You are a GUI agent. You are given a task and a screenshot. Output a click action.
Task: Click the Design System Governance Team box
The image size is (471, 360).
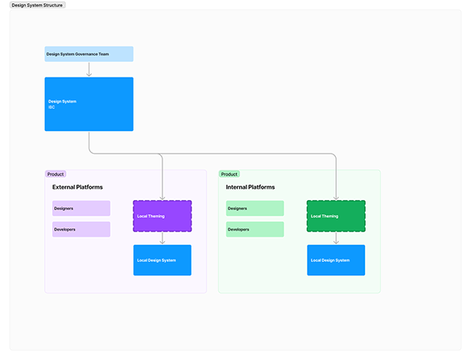point(89,54)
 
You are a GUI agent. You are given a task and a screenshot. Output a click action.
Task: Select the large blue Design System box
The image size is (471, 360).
point(89,104)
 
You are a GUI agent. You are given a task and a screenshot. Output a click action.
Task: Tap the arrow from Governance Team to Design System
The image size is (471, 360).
point(89,69)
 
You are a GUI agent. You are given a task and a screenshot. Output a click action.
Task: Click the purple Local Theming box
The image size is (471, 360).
point(162,216)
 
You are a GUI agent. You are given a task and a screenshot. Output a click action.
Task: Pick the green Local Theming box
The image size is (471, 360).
point(336,216)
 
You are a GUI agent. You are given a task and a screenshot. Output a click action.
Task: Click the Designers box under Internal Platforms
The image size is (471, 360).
point(255,208)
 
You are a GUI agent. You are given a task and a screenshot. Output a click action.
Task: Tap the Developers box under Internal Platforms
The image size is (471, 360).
point(255,229)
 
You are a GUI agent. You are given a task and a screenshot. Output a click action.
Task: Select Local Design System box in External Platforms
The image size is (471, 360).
point(162,260)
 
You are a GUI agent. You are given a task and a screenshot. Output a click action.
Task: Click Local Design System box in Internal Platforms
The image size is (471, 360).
point(336,260)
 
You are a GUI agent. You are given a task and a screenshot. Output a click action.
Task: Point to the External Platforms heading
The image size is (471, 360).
point(78,187)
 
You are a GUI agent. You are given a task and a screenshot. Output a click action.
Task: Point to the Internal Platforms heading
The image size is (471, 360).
point(250,187)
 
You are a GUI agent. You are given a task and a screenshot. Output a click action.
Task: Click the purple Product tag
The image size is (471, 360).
point(56,174)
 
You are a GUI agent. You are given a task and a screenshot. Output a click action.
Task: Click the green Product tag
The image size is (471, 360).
point(229,174)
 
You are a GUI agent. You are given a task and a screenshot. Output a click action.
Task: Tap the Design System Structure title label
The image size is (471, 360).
point(38,5)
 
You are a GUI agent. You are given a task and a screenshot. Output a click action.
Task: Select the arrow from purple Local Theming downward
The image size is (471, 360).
point(162,238)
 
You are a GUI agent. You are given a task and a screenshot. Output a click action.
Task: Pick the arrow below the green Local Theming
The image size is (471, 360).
point(336,238)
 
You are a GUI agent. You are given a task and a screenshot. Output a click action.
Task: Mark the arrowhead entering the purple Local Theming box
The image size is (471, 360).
point(162,198)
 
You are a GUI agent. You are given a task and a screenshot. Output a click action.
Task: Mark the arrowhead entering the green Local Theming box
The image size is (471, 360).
point(336,198)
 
